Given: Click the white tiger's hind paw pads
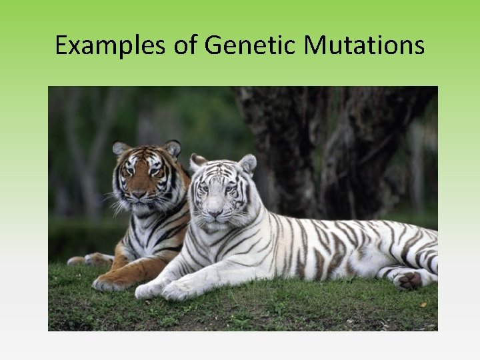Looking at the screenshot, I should (x=409, y=280).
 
